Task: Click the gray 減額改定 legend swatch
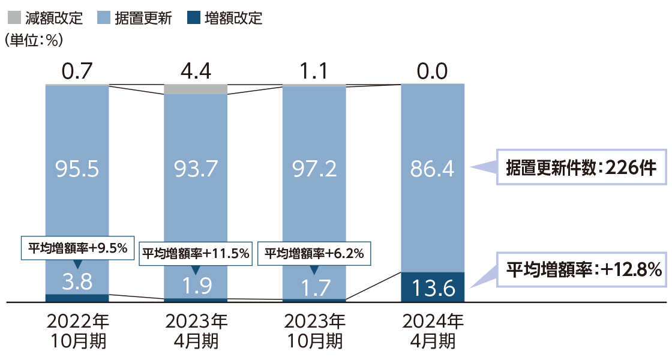click(x=14, y=17)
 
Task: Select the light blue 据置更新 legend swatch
click(x=103, y=17)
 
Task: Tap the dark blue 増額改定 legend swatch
click(x=193, y=17)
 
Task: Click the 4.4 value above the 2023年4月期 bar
click(x=196, y=71)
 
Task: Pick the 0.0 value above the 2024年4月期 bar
click(x=432, y=71)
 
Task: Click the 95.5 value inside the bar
click(x=77, y=170)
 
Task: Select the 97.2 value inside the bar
click(x=314, y=170)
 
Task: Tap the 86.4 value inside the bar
click(x=432, y=170)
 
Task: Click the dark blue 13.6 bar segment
click(x=432, y=287)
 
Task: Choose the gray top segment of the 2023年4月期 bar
click(x=196, y=89)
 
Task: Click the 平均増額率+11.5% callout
click(x=196, y=253)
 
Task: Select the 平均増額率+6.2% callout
click(x=314, y=253)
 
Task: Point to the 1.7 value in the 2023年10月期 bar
click(x=314, y=287)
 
